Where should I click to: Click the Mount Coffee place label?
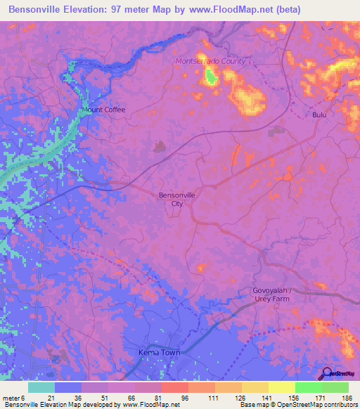point(103,110)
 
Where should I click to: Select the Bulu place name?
point(321,114)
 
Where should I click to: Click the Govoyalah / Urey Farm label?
point(281,295)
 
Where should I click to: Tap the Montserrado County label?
point(210,61)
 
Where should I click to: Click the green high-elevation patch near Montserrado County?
point(210,77)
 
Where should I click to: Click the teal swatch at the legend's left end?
point(41,387)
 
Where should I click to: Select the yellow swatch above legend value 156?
point(281,387)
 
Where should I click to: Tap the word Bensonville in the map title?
point(37,9)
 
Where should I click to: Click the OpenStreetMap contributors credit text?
point(309,405)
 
